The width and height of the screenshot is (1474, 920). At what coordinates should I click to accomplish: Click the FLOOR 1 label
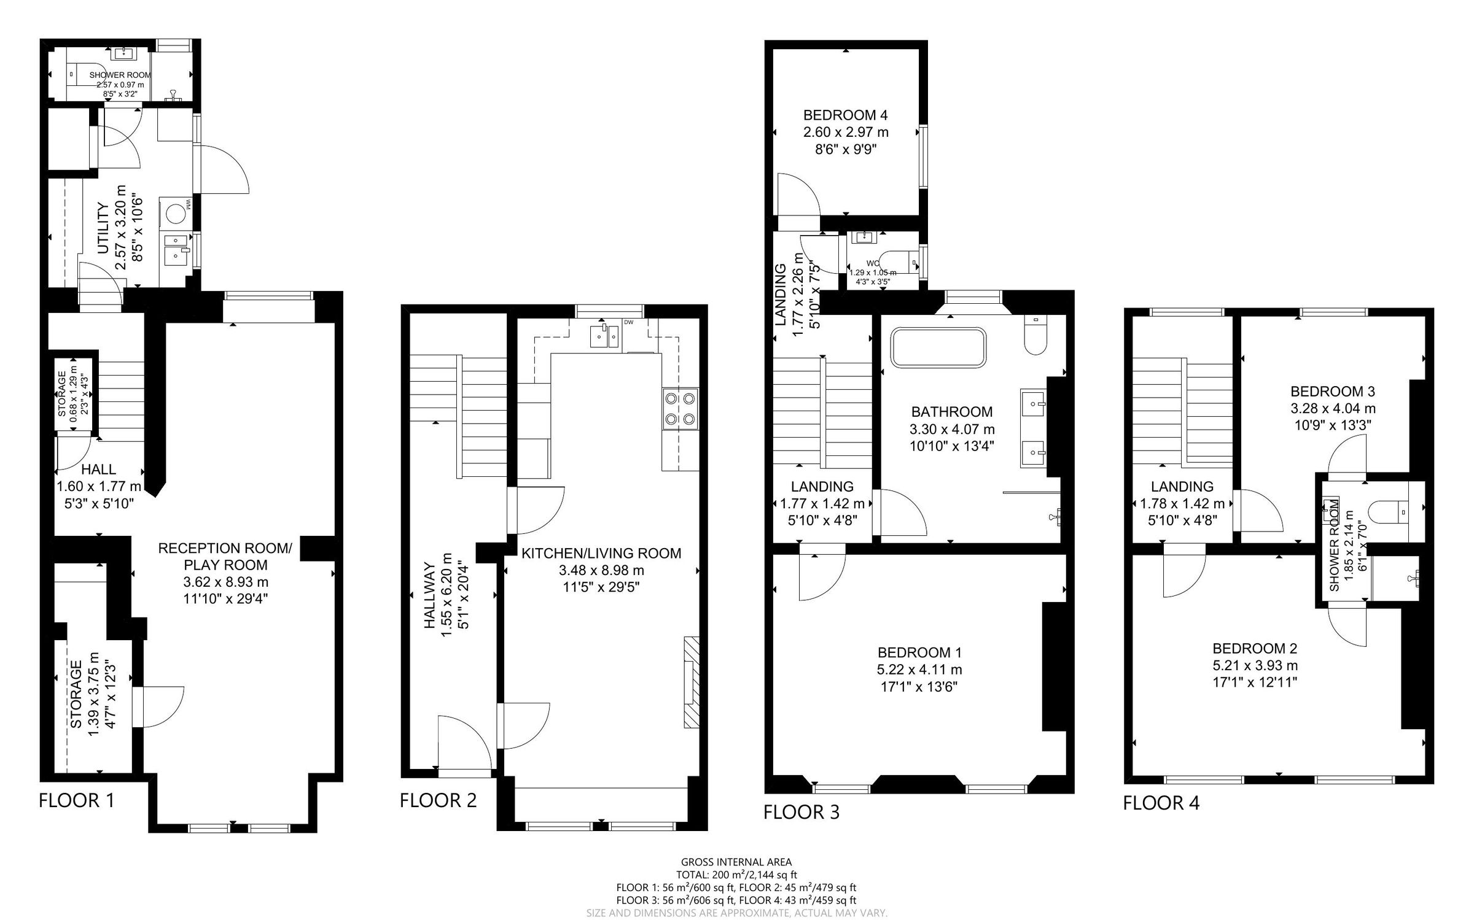[76, 800]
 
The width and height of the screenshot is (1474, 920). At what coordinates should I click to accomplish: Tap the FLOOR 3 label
[801, 812]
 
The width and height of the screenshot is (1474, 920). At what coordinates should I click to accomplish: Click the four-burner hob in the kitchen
[680, 409]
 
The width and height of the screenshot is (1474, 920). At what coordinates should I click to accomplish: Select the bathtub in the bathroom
[939, 348]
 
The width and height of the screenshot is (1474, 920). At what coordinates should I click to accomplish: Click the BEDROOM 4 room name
[845, 115]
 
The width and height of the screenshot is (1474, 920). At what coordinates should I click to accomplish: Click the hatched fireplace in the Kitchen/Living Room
[691, 682]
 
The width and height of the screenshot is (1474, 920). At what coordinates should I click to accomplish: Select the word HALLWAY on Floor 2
[430, 595]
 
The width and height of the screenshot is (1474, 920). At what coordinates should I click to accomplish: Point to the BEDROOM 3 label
[1332, 391]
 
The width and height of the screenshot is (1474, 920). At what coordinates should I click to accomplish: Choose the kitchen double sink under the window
[605, 337]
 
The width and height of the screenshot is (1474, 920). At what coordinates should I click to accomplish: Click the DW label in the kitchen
[628, 322]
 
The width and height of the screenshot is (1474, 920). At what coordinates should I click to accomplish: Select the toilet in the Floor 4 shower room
[1387, 511]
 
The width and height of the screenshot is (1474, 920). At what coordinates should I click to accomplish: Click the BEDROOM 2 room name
[1254, 648]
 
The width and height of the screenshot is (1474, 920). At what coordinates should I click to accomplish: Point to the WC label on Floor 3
[873, 263]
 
